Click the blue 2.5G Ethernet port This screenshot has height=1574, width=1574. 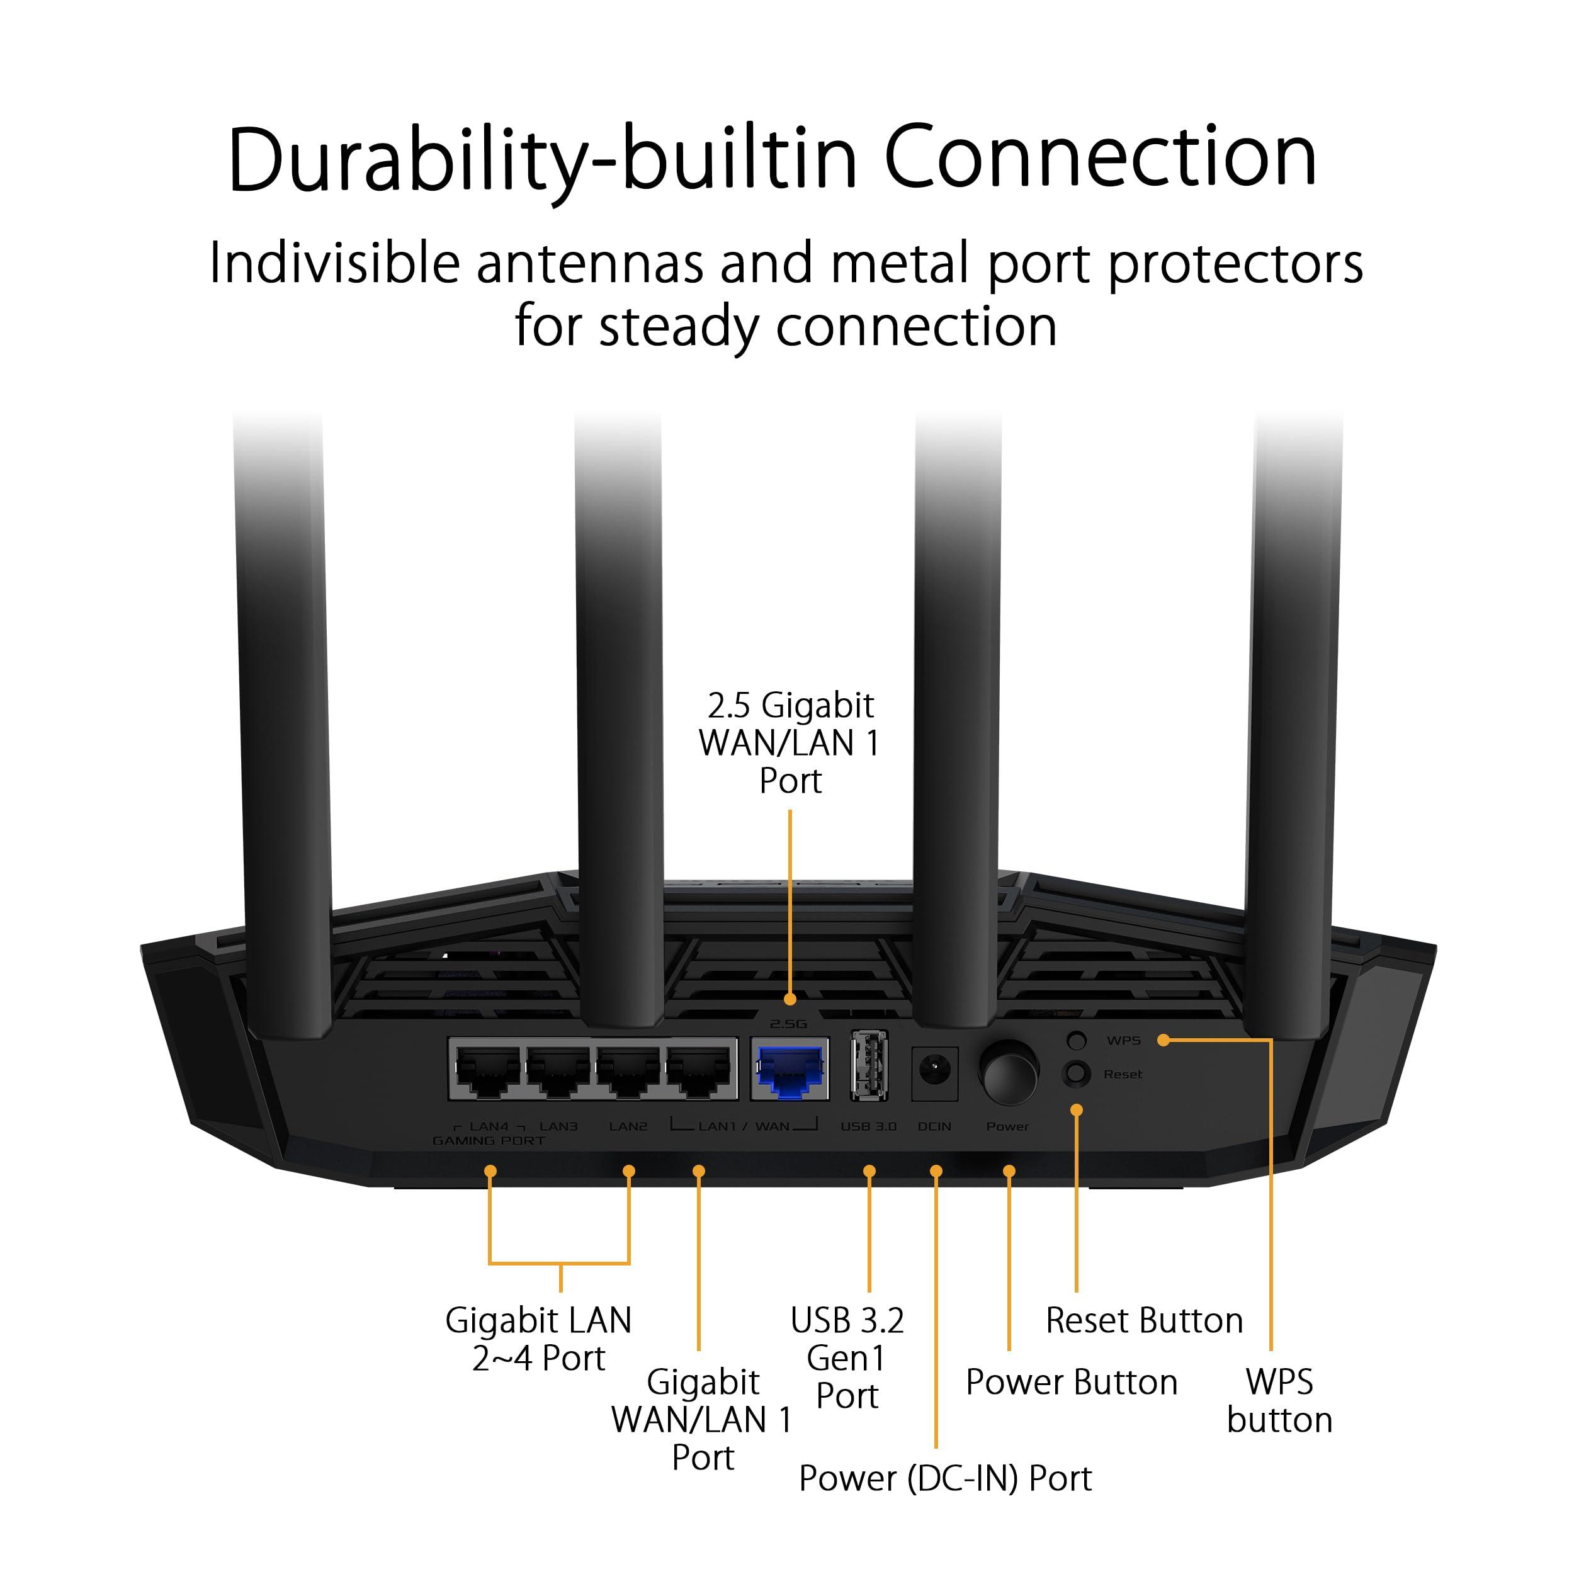(789, 1070)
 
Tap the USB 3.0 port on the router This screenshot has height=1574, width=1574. (868, 1067)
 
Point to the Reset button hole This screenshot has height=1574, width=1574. (1076, 1073)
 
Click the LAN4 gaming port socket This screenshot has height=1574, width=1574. (488, 1070)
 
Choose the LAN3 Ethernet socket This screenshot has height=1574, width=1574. (558, 1070)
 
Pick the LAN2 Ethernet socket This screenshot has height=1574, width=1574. (628, 1070)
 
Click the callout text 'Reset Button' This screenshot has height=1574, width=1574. (1144, 1252)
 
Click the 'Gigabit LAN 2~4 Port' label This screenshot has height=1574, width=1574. (538, 1271)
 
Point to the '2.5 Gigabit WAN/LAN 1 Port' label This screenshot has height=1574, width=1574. (790, 743)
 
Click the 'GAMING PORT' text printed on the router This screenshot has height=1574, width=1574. (489, 1141)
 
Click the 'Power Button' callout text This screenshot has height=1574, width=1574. (1072, 1314)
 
